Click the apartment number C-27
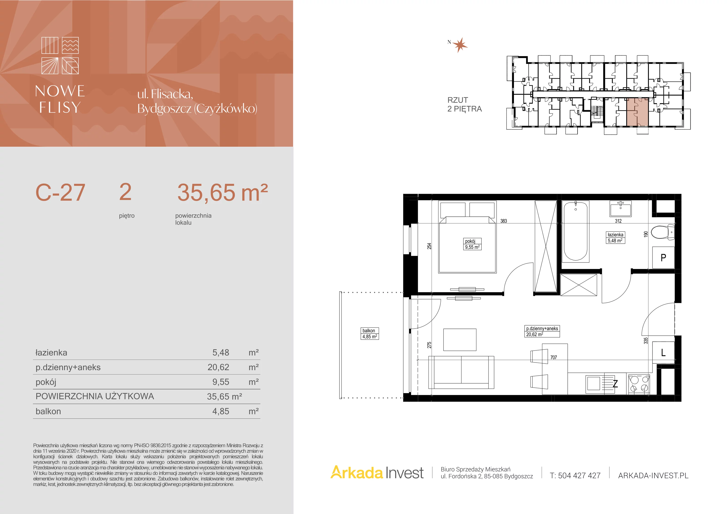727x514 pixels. (60, 192)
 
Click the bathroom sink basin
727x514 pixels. (621, 208)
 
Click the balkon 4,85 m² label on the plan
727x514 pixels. (369, 334)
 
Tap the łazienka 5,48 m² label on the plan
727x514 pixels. (615, 237)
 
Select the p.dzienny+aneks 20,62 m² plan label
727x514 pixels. (542, 331)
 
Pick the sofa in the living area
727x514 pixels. (461, 372)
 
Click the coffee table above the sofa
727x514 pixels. (460, 340)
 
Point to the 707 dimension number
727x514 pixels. (553, 357)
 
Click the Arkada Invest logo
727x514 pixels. (377, 472)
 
